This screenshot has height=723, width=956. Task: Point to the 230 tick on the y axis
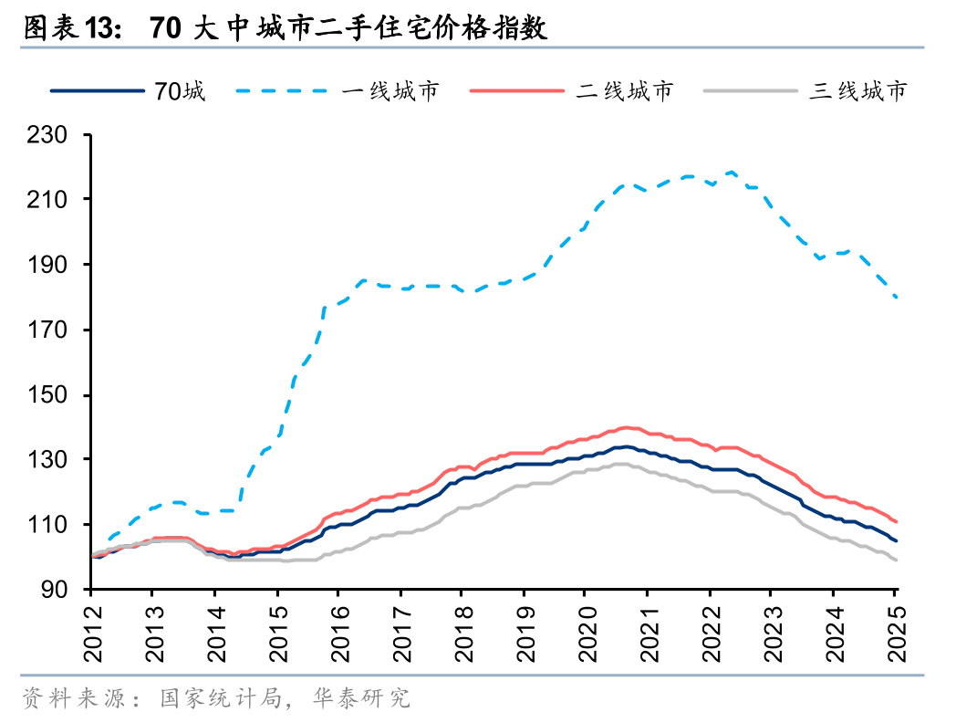(x=54, y=135)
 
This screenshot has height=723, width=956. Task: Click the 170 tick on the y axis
(x=54, y=330)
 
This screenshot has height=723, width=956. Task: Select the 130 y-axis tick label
(x=54, y=460)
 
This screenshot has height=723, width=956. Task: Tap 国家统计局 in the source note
(x=215, y=699)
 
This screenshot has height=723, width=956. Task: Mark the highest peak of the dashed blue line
(x=732, y=172)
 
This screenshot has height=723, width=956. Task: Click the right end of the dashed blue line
(x=897, y=298)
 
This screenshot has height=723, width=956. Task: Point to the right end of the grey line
(x=897, y=560)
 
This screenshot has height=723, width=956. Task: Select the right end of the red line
(x=897, y=521)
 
